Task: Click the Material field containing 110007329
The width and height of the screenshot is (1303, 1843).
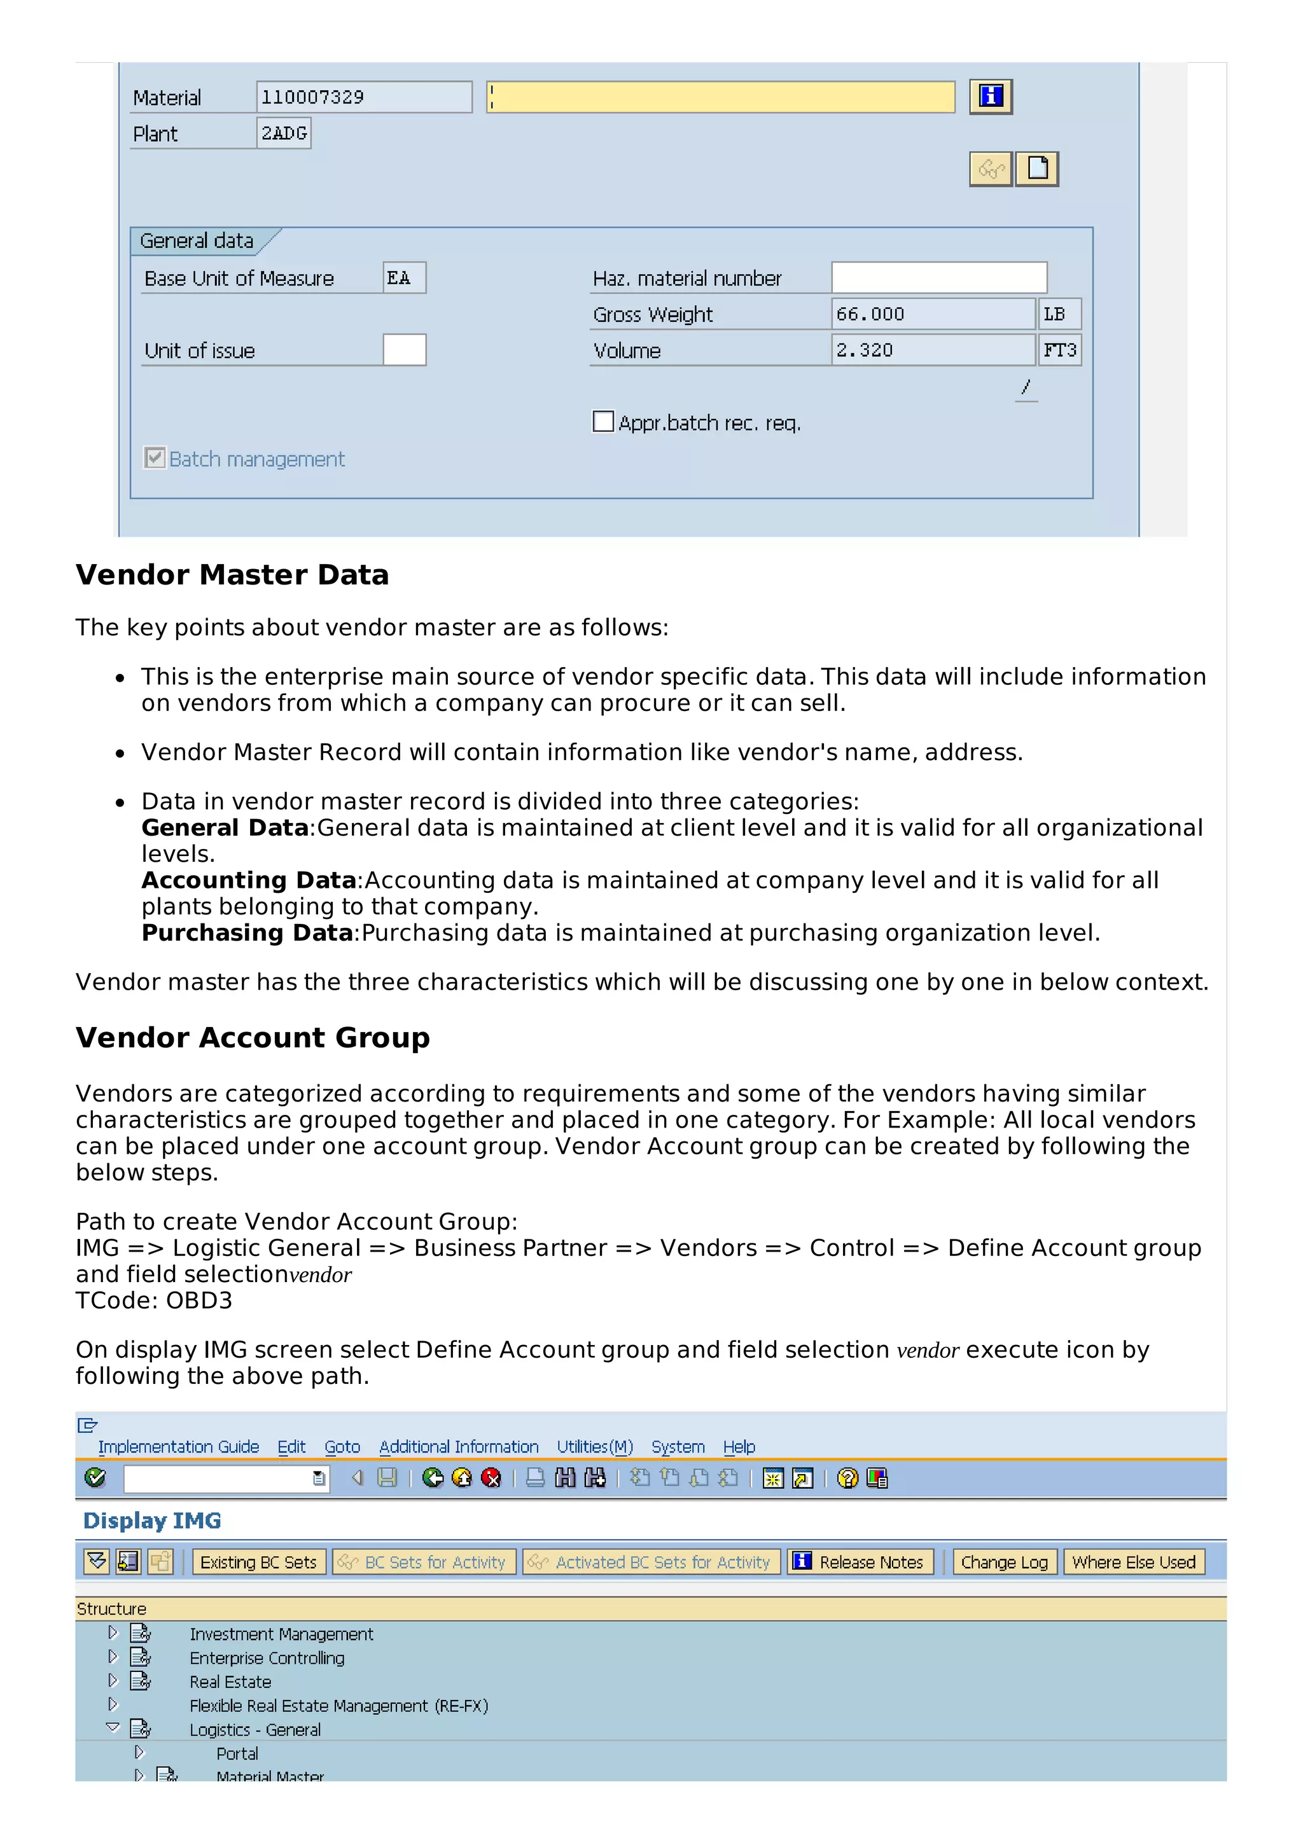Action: pos(364,97)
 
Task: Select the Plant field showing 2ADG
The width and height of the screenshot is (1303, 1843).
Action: pos(283,134)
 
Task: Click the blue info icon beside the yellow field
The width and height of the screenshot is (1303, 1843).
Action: pos(990,96)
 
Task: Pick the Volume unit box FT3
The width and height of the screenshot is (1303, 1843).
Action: pos(1059,350)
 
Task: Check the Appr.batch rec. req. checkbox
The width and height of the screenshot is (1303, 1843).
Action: pos(603,422)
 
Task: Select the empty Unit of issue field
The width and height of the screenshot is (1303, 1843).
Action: pos(404,350)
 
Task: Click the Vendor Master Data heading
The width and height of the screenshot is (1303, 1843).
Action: pos(232,575)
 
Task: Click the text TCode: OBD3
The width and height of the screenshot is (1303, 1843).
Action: pos(154,1299)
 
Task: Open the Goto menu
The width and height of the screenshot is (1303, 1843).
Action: pos(342,1446)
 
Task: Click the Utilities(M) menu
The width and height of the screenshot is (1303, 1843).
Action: pos(595,1446)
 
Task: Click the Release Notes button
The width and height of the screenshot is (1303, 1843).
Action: pos(860,1562)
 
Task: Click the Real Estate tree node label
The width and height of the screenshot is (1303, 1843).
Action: pos(230,1681)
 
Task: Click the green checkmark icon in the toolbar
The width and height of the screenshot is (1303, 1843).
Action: pos(95,1478)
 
